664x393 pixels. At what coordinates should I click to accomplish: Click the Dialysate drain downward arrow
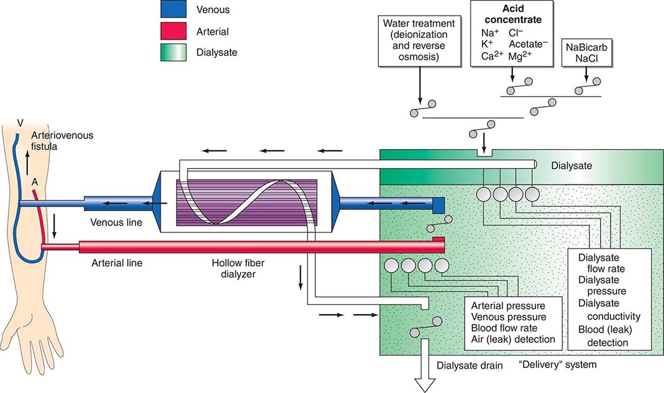tap(426, 375)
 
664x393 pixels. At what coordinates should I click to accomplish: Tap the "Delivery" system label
tap(557, 364)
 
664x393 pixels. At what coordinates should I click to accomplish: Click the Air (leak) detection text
tap(512, 340)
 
